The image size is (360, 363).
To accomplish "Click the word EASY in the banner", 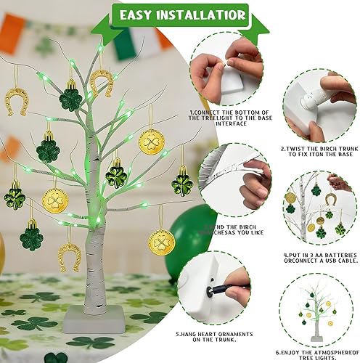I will (x=137, y=15).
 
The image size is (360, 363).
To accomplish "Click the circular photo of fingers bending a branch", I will (x=235, y=186).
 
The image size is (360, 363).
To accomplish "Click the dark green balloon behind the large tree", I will (x=187, y=240).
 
